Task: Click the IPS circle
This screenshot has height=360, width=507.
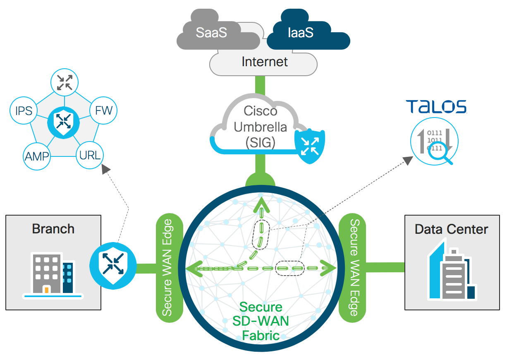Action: [24, 110]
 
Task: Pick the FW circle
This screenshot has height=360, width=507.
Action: [103, 110]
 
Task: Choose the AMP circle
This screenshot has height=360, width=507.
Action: [37, 156]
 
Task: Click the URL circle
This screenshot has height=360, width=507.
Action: [90, 155]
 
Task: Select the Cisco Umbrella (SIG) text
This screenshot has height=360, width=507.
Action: [260, 127]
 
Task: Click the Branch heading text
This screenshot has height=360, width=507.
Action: [53, 229]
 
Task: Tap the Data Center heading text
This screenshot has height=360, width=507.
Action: [451, 229]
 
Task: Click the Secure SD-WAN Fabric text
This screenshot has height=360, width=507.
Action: [261, 321]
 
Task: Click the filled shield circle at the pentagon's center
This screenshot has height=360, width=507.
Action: [64, 122]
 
